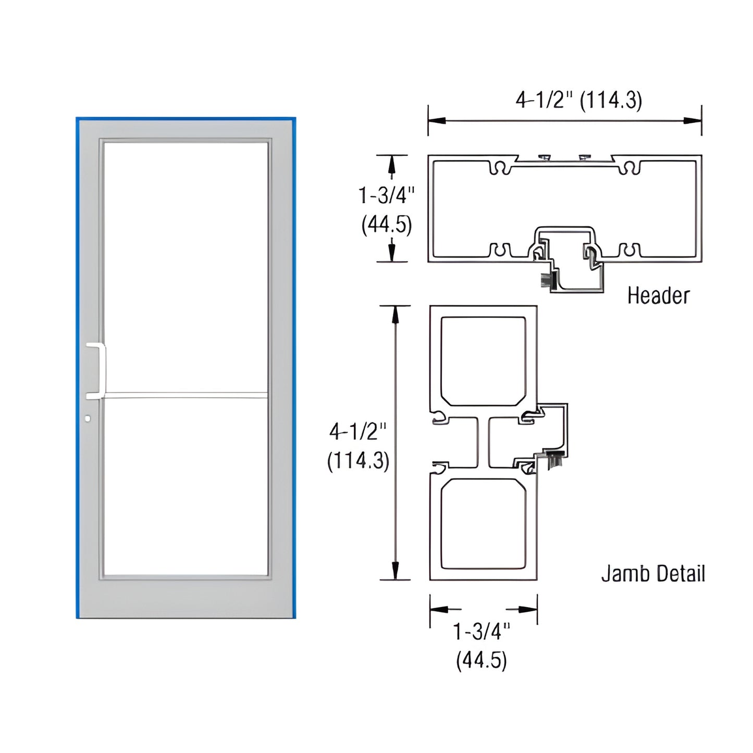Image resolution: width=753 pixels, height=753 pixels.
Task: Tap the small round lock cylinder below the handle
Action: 88,418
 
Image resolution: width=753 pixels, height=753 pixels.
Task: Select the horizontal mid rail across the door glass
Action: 185,396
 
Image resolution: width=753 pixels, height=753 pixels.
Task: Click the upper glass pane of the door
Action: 185,266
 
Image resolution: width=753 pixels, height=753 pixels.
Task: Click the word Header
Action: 658,295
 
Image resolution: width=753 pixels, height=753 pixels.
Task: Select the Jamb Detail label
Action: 653,574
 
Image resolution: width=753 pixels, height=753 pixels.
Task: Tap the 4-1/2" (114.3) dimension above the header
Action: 578,100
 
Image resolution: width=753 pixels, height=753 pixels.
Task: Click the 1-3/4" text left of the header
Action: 386,195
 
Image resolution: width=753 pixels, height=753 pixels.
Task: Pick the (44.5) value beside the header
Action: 387,225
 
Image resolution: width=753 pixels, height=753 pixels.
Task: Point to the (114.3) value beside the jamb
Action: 358,461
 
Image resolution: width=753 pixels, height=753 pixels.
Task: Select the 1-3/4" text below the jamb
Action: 481,632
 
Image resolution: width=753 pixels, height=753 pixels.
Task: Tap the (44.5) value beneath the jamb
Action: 481,661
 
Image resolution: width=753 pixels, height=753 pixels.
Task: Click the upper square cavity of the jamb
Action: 483,361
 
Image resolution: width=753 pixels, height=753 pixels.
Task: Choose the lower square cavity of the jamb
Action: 483,524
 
